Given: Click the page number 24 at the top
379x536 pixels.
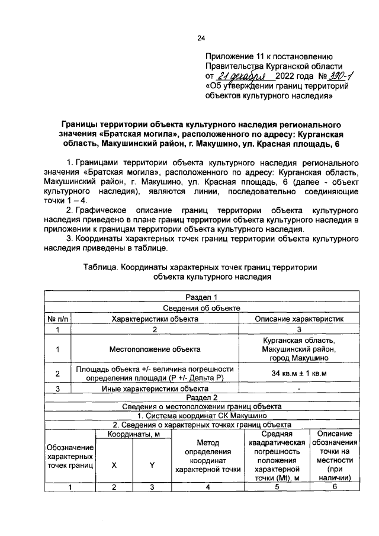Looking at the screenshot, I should coord(200,38).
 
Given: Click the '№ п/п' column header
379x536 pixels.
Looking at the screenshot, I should coord(58,319).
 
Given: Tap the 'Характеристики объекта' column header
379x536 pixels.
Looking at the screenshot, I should coord(155,319).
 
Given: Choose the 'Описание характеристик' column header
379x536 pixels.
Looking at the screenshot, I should coord(298,319).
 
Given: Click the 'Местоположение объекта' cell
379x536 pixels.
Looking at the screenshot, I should coord(155,349).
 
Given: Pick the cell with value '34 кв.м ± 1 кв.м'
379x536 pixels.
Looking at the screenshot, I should coord(298,374).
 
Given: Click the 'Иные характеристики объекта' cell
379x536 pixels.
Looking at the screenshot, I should coord(155,389).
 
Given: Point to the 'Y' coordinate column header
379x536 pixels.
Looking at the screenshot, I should coord(152,465).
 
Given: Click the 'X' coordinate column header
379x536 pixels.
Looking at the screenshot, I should coord(114,465).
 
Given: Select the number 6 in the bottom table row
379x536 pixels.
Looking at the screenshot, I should coord(335,487).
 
